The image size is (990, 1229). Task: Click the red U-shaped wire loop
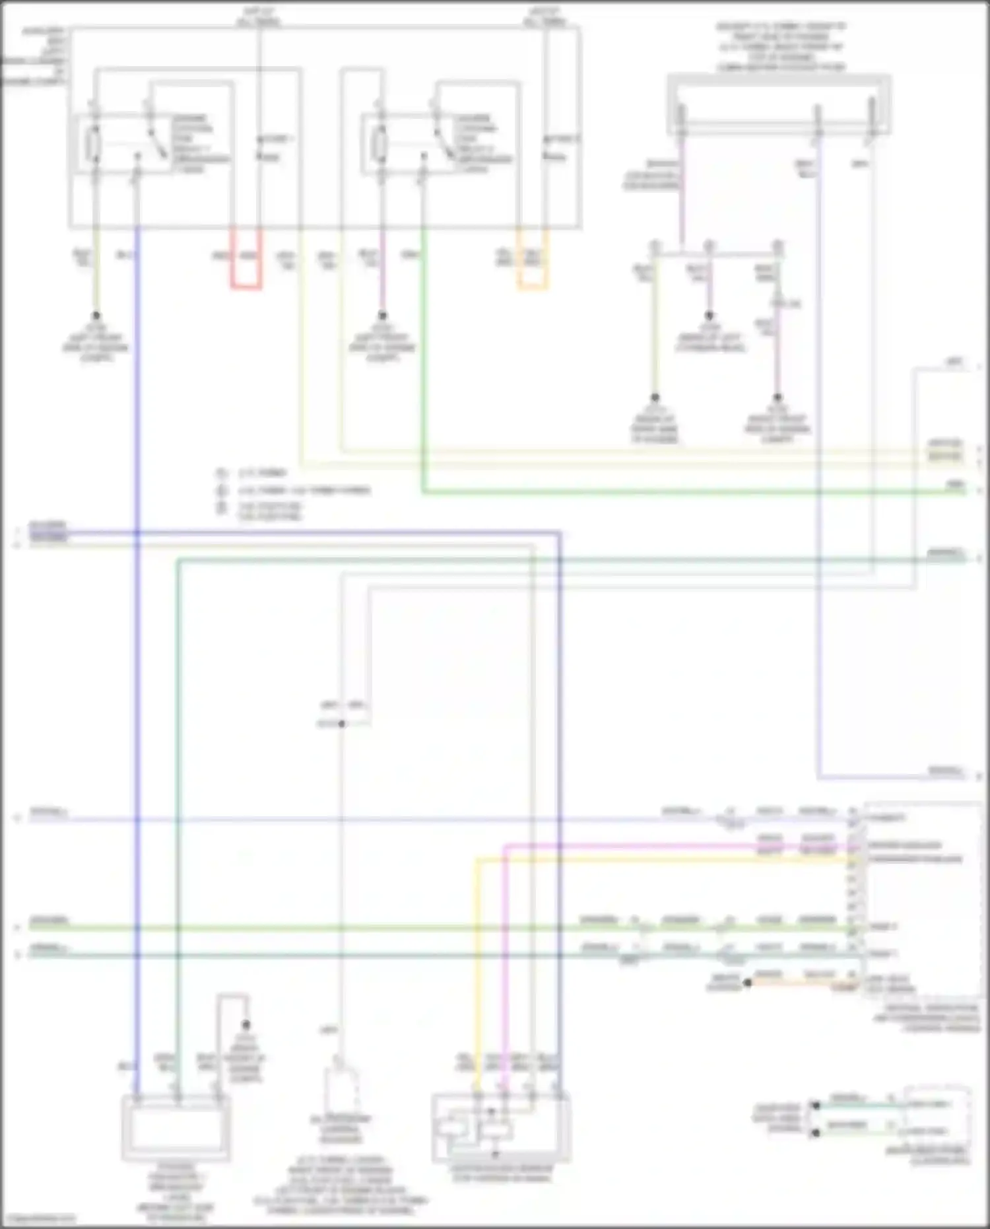click(x=246, y=286)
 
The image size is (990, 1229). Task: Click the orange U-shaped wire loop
click(x=533, y=286)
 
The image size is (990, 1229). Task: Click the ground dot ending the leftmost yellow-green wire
click(x=96, y=316)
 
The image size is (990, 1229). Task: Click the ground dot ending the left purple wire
click(x=381, y=316)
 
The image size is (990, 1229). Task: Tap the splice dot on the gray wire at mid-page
click(x=341, y=724)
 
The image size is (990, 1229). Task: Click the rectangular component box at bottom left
click(x=176, y=1128)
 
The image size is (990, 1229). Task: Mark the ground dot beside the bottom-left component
click(x=246, y=1025)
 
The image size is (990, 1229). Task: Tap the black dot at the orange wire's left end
click(x=748, y=983)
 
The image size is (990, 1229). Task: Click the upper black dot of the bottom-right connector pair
click(x=816, y=1105)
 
